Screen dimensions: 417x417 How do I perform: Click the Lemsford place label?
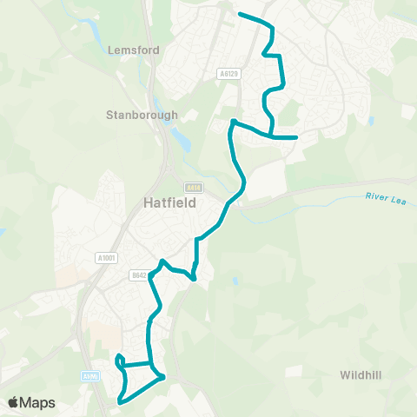point(134,50)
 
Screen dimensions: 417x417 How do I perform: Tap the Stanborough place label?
point(142,115)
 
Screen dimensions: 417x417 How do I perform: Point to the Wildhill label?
point(361,375)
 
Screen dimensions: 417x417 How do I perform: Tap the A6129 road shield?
point(228,76)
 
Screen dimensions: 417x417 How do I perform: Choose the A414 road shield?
point(191,188)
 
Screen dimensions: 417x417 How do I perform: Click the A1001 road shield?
point(107,257)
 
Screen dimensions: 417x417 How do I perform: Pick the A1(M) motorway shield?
point(89,376)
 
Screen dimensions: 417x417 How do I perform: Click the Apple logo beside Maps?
point(14,402)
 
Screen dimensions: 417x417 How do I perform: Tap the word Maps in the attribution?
point(38,402)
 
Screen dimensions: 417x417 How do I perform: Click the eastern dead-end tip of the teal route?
point(297,137)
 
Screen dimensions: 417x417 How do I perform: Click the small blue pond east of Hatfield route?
point(235,281)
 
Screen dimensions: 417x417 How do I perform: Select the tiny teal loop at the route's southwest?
point(119,359)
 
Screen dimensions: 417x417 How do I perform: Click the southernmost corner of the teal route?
point(120,402)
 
